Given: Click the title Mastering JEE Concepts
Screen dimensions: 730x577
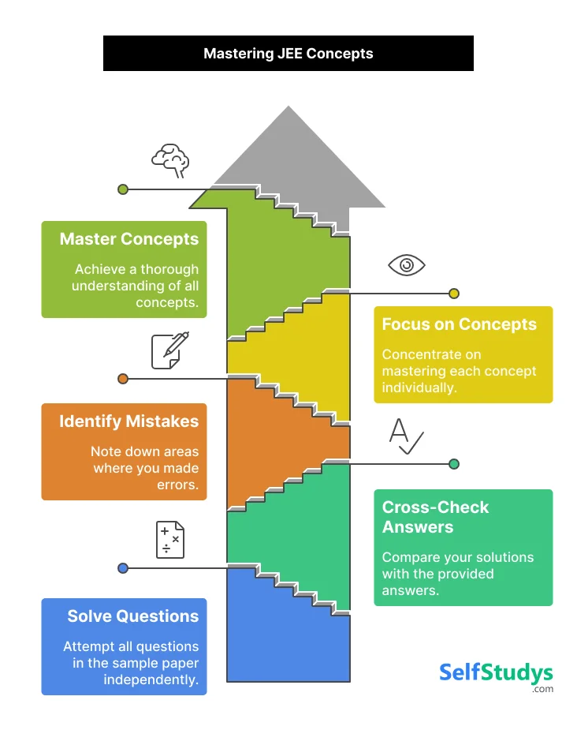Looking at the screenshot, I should [288, 54].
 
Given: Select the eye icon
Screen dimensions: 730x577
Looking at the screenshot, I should [407, 265].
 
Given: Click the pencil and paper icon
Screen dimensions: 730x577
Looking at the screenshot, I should [170, 350].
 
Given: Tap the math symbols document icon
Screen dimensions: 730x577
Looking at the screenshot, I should [170, 540].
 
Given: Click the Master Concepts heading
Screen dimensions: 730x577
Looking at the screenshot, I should [129, 238].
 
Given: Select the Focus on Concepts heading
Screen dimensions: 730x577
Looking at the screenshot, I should [459, 324].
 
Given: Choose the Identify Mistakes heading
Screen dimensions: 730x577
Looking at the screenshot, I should [129, 421].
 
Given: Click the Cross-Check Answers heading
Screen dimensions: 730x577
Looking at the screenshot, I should [435, 517].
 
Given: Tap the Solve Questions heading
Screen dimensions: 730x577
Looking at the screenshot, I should [132, 616].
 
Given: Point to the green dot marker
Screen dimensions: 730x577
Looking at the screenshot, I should [123, 189].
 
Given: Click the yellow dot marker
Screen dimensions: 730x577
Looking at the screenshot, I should [454, 294].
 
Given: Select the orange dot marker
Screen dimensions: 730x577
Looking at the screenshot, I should [123, 379].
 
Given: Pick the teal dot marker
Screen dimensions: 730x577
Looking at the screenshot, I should [454, 464].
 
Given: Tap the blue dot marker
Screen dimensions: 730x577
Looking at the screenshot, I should [123, 568].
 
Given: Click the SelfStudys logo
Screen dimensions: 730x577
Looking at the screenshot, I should [496, 675].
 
